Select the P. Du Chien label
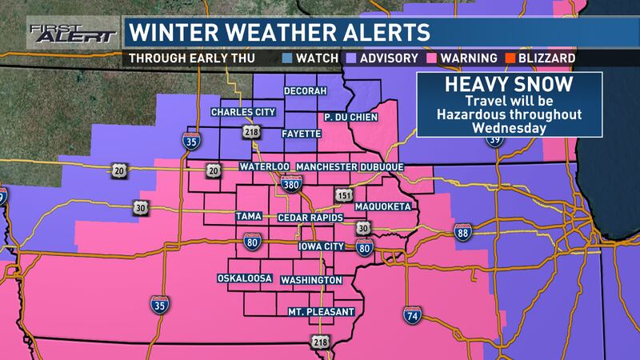pyautogui.click(x=350, y=118)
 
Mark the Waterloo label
pyautogui.click(x=263, y=166)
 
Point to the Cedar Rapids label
pyautogui.click(x=310, y=218)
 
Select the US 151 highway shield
pyautogui.click(x=343, y=195)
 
